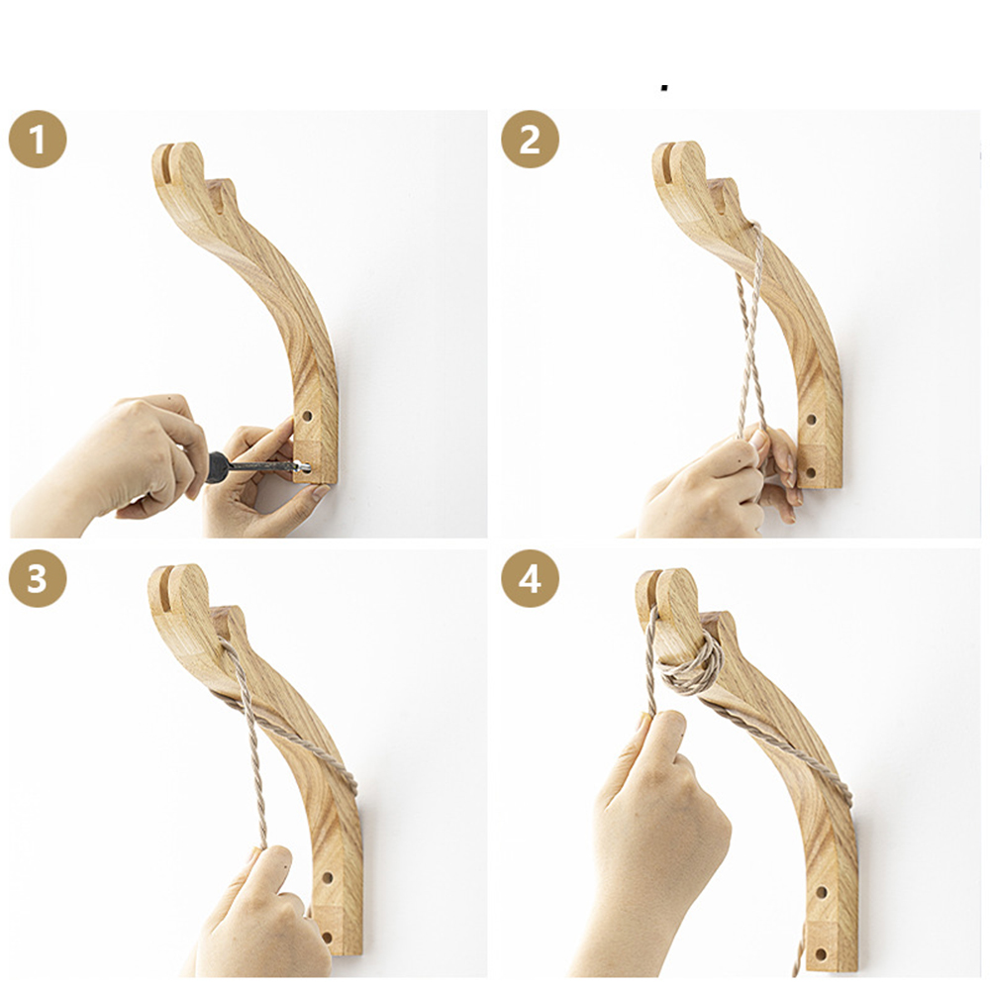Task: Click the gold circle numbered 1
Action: (x=38, y=139)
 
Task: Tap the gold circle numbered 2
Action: (x=530, y=139)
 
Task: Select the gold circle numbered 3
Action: (x=38, y=578)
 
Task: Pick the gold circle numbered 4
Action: (x=530, y=578)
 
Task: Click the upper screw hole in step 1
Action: (x=308, y=417)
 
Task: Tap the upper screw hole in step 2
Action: (x=812, y=420)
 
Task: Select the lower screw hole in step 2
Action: (x=812, y=472)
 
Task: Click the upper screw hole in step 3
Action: (x=327, y=877)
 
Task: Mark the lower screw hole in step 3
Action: (x=327, y=937)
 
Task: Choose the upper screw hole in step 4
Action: (x=821, y=893)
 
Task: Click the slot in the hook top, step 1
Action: (x=167, y=165)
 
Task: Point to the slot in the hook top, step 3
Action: (x=164, y=588)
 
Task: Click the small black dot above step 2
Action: (x=664, y=88)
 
